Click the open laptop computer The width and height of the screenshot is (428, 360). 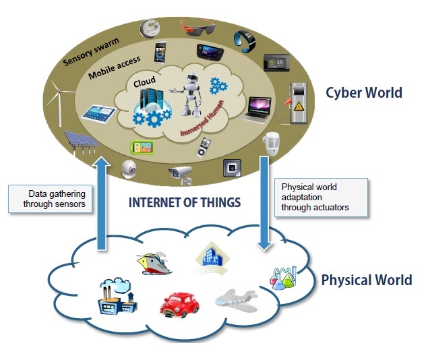point(259,108)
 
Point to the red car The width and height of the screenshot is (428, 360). point(180,304)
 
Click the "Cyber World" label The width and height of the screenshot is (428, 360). point(364,92)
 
